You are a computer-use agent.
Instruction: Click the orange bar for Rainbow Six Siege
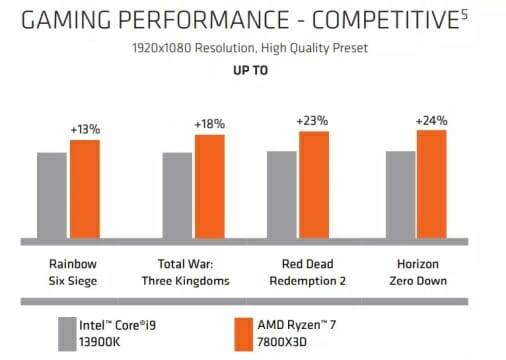click(84, 190)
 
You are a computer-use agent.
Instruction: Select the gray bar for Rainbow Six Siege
click(52, 196)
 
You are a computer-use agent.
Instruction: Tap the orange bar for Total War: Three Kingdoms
click(209, 187)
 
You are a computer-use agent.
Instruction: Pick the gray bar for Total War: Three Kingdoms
click(177, 196)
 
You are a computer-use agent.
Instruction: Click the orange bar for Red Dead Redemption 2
click(314, 185)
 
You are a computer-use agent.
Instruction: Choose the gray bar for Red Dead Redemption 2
click(282, 195)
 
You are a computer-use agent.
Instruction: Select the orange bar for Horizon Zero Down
click(431, 184)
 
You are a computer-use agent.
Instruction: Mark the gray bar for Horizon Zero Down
click(400, 195)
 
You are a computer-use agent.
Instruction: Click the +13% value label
click(84, 130)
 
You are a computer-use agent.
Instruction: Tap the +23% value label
click(313, 121)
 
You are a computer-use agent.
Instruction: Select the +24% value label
click(431, 120)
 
